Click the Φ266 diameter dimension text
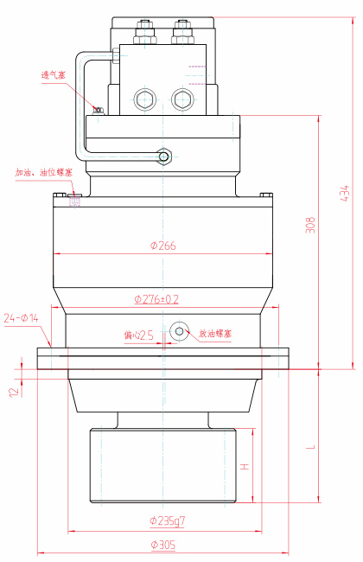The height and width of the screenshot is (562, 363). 162,246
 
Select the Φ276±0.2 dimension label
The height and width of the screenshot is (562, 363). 156,299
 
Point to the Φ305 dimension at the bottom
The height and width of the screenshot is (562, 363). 162,545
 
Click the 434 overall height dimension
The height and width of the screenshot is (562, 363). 345,193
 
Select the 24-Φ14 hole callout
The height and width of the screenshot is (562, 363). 22,318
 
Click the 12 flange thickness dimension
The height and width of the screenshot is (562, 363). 13,391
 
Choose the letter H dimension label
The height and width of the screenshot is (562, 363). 245,467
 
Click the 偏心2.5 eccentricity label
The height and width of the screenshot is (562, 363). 139,335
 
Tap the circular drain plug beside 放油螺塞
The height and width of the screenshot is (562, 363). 180,331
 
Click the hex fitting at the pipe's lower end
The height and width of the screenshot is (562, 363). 164,156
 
